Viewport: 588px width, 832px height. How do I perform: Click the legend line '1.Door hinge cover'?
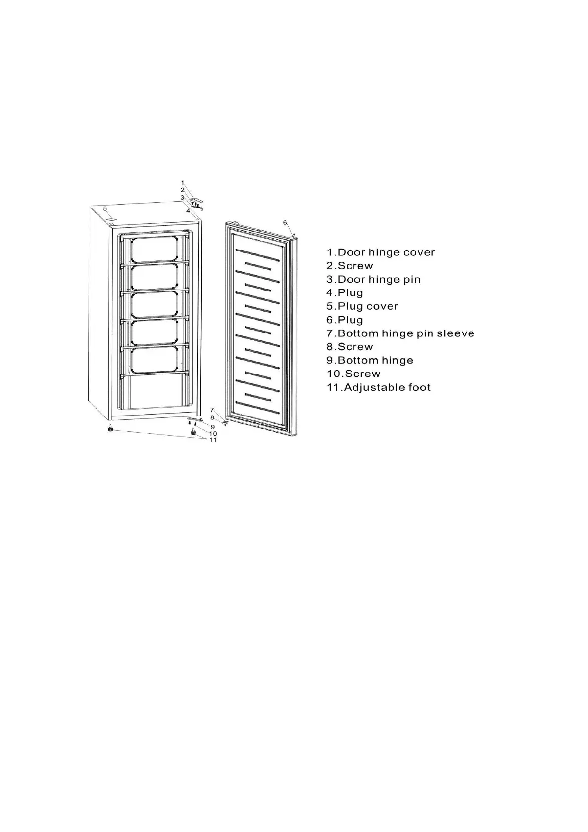381,252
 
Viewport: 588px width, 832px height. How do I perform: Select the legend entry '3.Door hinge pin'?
373,280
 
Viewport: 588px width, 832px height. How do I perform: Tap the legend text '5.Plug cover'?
362,306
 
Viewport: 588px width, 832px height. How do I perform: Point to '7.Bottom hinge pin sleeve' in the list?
400,333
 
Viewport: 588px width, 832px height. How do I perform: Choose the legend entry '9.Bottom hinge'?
370,361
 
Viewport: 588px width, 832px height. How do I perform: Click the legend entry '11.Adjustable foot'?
378,387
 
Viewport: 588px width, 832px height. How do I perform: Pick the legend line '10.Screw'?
353,374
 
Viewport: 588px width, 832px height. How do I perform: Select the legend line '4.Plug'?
345,293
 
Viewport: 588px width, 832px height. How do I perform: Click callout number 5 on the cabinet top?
105,209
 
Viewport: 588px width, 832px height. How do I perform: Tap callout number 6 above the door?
285,223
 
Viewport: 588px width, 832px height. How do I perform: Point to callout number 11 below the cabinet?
213,440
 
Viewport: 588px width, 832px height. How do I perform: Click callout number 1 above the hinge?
182,183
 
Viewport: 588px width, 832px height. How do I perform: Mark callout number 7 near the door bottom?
212,410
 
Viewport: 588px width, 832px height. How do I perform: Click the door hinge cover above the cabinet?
197,199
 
